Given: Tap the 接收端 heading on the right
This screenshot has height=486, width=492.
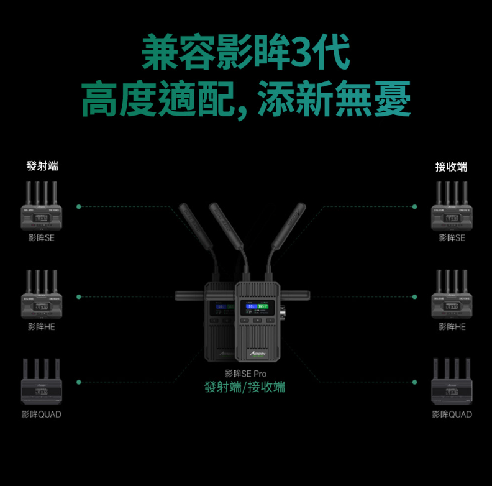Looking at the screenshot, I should (x=452, y=166).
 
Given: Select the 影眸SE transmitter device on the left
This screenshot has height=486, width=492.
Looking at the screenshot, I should (x=41, y=206).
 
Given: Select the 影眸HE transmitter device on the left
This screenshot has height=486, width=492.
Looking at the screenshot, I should (x=41, y=294).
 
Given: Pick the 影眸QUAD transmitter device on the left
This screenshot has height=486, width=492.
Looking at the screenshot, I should (x=41, y=382).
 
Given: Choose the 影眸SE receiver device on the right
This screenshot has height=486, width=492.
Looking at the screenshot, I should (x=452, y=206).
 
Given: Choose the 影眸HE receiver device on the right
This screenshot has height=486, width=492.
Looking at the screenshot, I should (x=452, y=294).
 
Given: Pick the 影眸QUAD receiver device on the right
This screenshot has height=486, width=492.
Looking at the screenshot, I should (x=452, y=382).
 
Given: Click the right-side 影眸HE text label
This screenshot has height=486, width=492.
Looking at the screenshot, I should (x=452, y=326).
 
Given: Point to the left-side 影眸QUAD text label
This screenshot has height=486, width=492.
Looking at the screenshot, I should (x=41, y=415).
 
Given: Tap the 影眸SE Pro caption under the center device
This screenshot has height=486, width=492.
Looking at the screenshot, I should (x=245, y=374).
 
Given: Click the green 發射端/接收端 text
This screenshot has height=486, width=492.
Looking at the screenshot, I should (x=245, y=387).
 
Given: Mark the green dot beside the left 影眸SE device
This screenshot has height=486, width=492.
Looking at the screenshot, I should (x=78, y=206).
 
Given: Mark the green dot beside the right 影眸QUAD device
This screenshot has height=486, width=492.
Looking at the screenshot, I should (x=414, y=382).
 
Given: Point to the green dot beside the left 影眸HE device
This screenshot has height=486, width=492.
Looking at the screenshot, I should (x=78, y=296).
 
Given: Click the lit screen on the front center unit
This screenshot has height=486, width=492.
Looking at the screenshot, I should (x=257, y=306).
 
